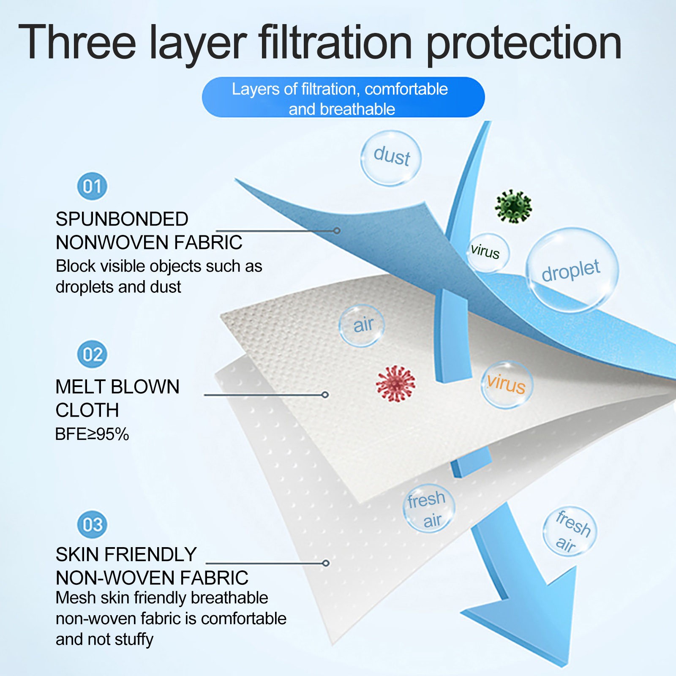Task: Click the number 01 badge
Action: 92,186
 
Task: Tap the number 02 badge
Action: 92,354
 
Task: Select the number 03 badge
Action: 92,524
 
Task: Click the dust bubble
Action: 391,158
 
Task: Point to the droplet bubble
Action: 572,270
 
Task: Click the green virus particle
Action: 513,206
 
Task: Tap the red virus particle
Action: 395,384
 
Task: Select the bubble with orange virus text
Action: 507,384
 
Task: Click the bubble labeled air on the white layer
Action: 362,325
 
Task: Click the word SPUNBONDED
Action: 122,219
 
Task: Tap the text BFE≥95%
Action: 92,434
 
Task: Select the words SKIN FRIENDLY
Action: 126,554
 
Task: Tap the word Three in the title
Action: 77,41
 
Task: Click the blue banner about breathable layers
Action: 343,97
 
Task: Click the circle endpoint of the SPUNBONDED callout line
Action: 337,231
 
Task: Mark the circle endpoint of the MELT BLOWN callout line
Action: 325,395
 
